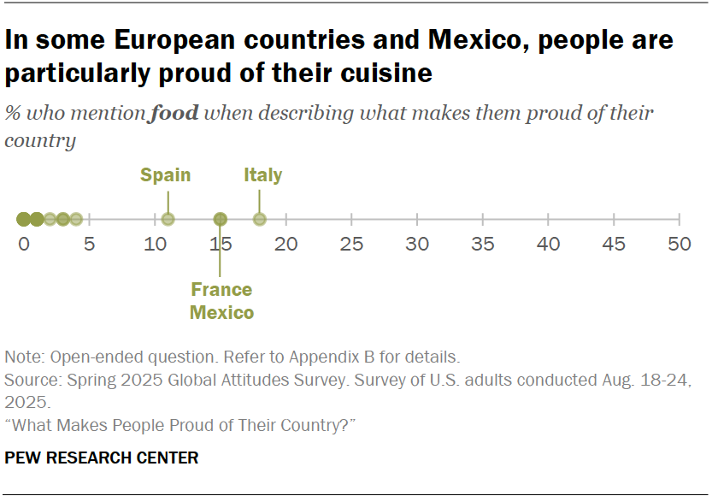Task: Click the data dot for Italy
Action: pos(260,219)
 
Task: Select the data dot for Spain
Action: pos(168,219)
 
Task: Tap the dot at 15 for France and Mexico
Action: pos(221,219)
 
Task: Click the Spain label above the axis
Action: pos(165,175)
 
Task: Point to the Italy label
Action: pos(262,175)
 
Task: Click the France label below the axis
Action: pos(221,289)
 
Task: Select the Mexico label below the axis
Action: pos(221,312)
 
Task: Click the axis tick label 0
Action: pos(24,245)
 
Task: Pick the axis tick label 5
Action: pos(90,245)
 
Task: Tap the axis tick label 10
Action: pos(155,245)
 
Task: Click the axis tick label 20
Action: pos(286,245)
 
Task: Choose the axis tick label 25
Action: pos(351,245)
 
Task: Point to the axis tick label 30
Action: pos(417,245)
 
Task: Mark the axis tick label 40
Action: pos(548,245)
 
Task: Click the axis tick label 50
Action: pos(679,245)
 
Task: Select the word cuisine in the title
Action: pos(377,74)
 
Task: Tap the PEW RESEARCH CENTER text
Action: pos(102,458)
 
